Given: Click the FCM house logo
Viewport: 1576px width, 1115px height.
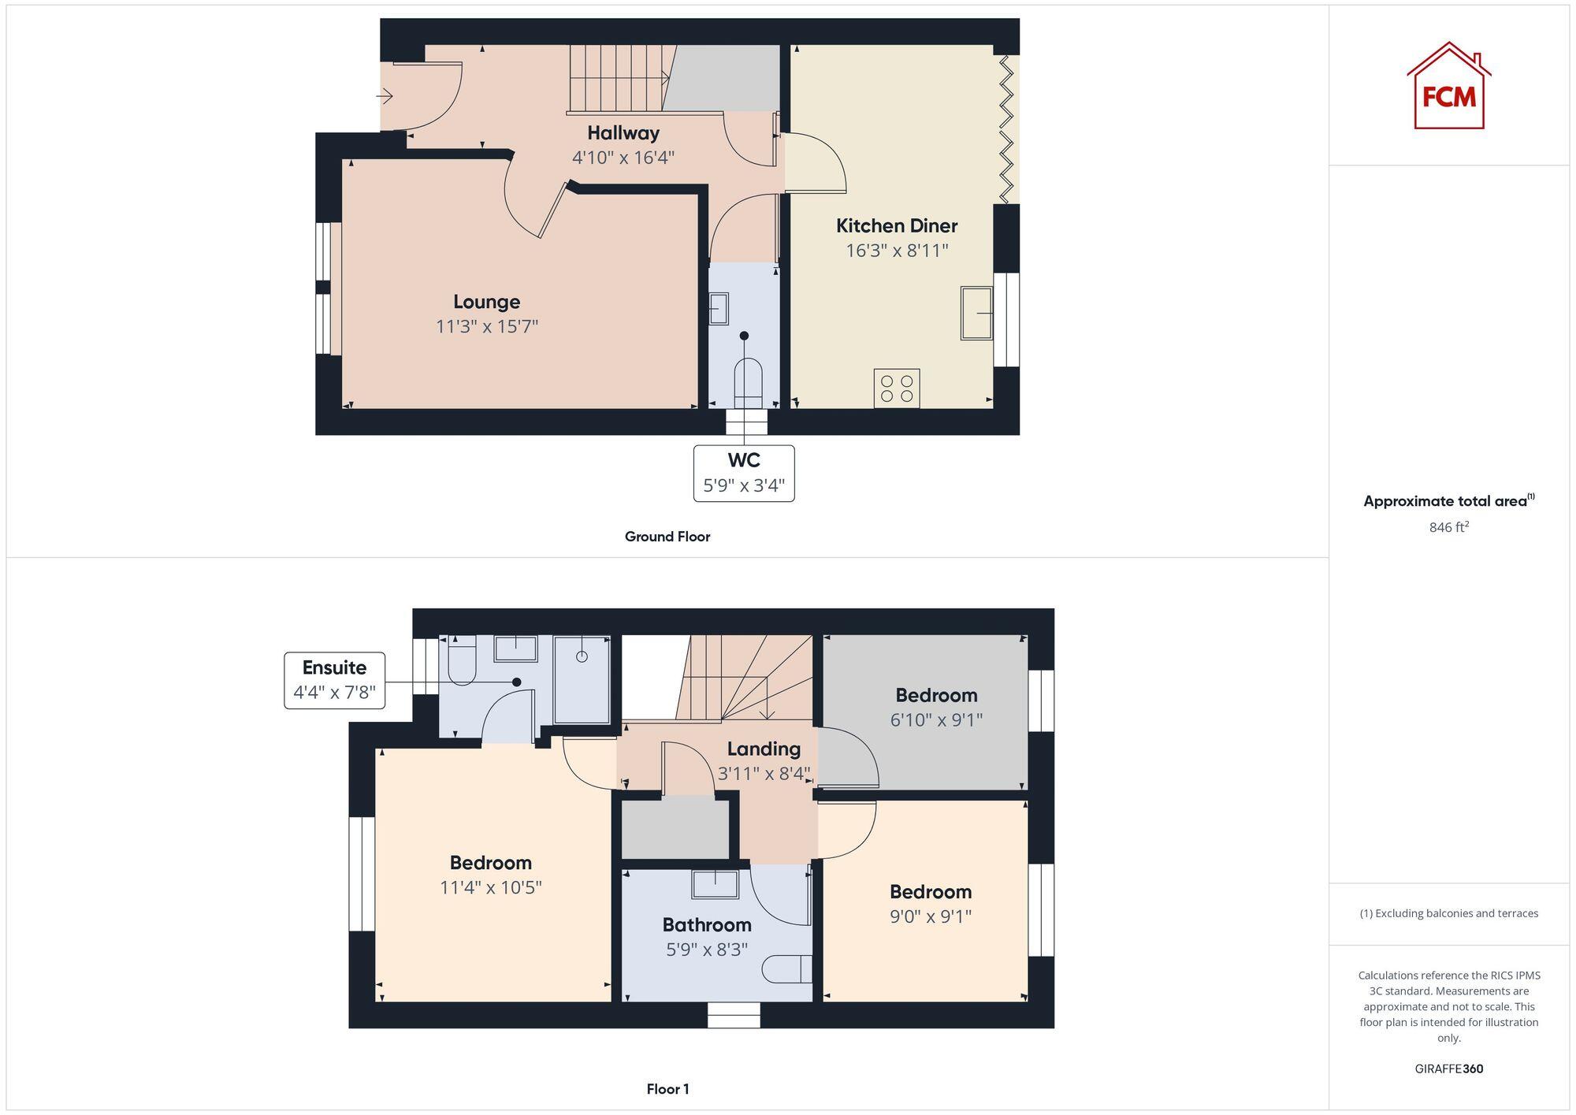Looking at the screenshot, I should pyautogui.click(x=1448, y=87).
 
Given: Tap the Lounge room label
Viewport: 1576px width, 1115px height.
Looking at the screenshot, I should pyautogui.click(x=486, y=302).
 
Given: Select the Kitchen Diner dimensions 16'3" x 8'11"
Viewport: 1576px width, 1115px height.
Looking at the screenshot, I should pyautogui.click(x=897, y=251).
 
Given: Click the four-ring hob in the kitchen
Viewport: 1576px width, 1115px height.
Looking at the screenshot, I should pyautogui.click(x=897, y=388).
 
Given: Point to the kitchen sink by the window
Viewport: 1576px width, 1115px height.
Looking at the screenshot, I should pyautogui.click(x=976, y=313).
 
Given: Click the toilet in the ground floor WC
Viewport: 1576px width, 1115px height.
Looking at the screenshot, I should pyautogui.click(x=747, y=381).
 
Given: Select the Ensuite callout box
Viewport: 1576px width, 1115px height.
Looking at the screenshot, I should pyautogui.click(x=335, y=680).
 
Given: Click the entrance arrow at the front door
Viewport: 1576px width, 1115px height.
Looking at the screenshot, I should pyautogui.click(x=385, y=97).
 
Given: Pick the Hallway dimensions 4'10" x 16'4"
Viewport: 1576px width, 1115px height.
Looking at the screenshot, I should pyautogui.click(x=623, y=158).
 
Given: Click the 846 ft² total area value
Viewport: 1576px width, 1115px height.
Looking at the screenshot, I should pyautogui.click(x=1448, y=527).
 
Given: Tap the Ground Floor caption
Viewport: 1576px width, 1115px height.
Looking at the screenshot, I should pyautogui.click(x=667, y=537).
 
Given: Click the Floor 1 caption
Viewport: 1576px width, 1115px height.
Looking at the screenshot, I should pyautogui.click(x=667, y=1089).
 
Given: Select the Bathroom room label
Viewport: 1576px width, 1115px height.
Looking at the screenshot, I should pyautogui.click(x=706, y=924).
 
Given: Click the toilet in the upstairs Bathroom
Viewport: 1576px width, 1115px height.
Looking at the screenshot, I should pyautogui.click(x=786, y=968).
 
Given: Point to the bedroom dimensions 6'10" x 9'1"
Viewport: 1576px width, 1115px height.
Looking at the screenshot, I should pyautogui.click(x=936, y=719).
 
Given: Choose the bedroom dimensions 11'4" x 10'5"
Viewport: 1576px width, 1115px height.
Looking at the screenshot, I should pyautogui.click(x=490, y=887).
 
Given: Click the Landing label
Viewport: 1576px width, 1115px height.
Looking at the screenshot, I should pyautogui.click(x=763, y=749).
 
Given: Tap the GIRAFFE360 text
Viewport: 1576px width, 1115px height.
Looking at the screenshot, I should pyautogui.click(x=1448, y=1069).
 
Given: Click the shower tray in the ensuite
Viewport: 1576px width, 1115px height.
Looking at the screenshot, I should pyautogui.click(x=582, y=680).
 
